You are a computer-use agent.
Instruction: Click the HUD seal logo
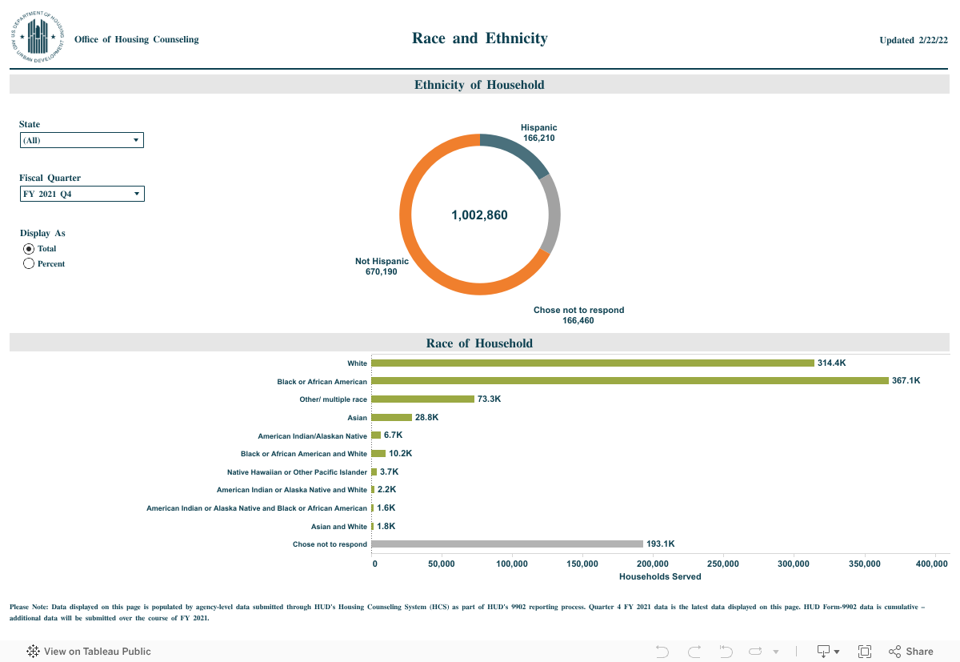point(38,38)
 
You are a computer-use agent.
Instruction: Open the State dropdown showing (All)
point(82,141)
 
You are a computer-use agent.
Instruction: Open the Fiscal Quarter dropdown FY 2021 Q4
point(82,194)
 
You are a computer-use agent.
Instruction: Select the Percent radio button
point(29,263)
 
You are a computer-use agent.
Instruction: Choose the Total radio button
point(29,248)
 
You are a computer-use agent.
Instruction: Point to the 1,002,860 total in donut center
point(479,215)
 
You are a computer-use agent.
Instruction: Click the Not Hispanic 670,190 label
point(382,267)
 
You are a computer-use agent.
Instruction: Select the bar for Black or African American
point(630,381)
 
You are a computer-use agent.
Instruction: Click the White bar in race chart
point(592,363)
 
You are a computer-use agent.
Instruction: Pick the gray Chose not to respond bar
point(507,544)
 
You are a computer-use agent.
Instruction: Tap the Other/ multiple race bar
point(422,399)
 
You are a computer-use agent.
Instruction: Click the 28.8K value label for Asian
point(426,417)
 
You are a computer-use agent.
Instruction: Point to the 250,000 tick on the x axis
point(723,564)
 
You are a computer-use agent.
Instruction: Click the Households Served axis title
point(660,576)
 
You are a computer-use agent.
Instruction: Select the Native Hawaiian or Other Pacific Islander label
point(297,472)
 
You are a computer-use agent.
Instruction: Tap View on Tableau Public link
point(90,652)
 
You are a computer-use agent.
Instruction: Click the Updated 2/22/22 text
point(913,40)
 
